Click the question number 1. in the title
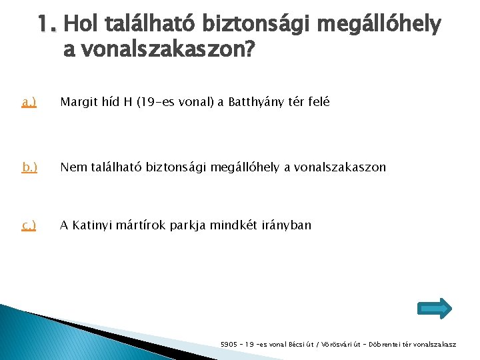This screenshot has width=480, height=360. (x=49, y=25)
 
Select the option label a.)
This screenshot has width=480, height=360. (x=29, y=102)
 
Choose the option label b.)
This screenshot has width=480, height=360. (x=29, y=167)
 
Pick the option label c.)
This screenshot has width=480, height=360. (x=29, y=225)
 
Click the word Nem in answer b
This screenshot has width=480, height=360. (x=71, y=167)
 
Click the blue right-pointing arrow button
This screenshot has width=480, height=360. (x=434, y=307)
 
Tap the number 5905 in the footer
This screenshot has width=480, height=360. (x=229, y=345)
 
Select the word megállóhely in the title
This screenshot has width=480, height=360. (x=379, y=25)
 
